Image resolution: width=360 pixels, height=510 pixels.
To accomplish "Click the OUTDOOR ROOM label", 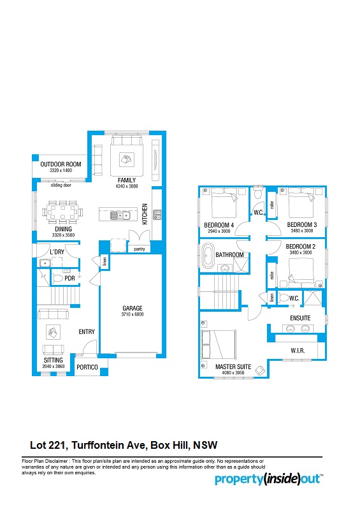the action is coord(61,164).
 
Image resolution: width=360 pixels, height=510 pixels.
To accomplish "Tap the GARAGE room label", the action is coord(133,308).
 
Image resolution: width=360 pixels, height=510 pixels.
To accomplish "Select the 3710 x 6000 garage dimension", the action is coord(133,314).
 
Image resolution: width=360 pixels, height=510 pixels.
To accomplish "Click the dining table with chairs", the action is coord(62,212).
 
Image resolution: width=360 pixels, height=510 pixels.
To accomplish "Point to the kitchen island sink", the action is coord(120,215).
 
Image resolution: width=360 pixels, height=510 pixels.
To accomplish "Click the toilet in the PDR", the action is coord(57,279).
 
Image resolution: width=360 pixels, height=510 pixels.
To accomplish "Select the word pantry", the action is coord(139,249).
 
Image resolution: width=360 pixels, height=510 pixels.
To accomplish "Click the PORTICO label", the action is coord(87,367).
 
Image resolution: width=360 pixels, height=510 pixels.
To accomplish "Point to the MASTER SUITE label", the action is coord(233,367).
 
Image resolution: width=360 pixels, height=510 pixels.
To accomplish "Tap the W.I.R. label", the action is coord(298,351).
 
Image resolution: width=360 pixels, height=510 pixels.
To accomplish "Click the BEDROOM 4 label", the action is coord(219,225).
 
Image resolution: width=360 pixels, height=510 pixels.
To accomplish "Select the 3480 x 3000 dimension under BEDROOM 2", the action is coord(301,252).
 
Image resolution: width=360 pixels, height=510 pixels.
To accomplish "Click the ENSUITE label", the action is coord(300,318).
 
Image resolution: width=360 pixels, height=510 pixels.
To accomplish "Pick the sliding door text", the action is coord(61,185).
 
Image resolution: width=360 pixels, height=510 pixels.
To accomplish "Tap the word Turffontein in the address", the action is coord(108,445).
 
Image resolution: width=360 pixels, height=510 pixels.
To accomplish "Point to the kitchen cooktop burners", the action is coord(157,214).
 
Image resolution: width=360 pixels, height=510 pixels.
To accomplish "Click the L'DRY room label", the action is coord(57,252).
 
